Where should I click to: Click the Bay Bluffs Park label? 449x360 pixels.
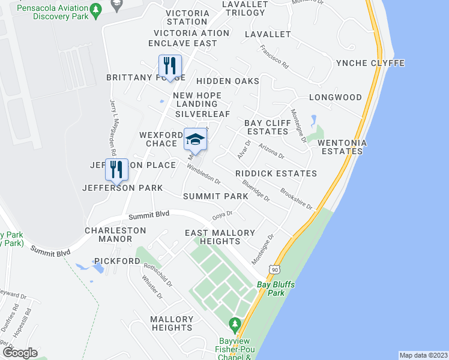(276, 289)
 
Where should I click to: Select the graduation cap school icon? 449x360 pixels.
(195, 140)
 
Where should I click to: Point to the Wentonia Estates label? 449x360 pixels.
(340, 147)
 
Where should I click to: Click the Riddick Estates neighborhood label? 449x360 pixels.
(276, 173)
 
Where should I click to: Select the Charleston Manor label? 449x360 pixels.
(116, 234)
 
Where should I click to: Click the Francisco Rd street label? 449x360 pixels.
(274, 55)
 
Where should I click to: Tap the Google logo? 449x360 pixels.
(19, 353)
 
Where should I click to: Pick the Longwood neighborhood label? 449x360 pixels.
(336, 97)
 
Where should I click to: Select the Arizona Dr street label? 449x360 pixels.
(271, 150)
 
